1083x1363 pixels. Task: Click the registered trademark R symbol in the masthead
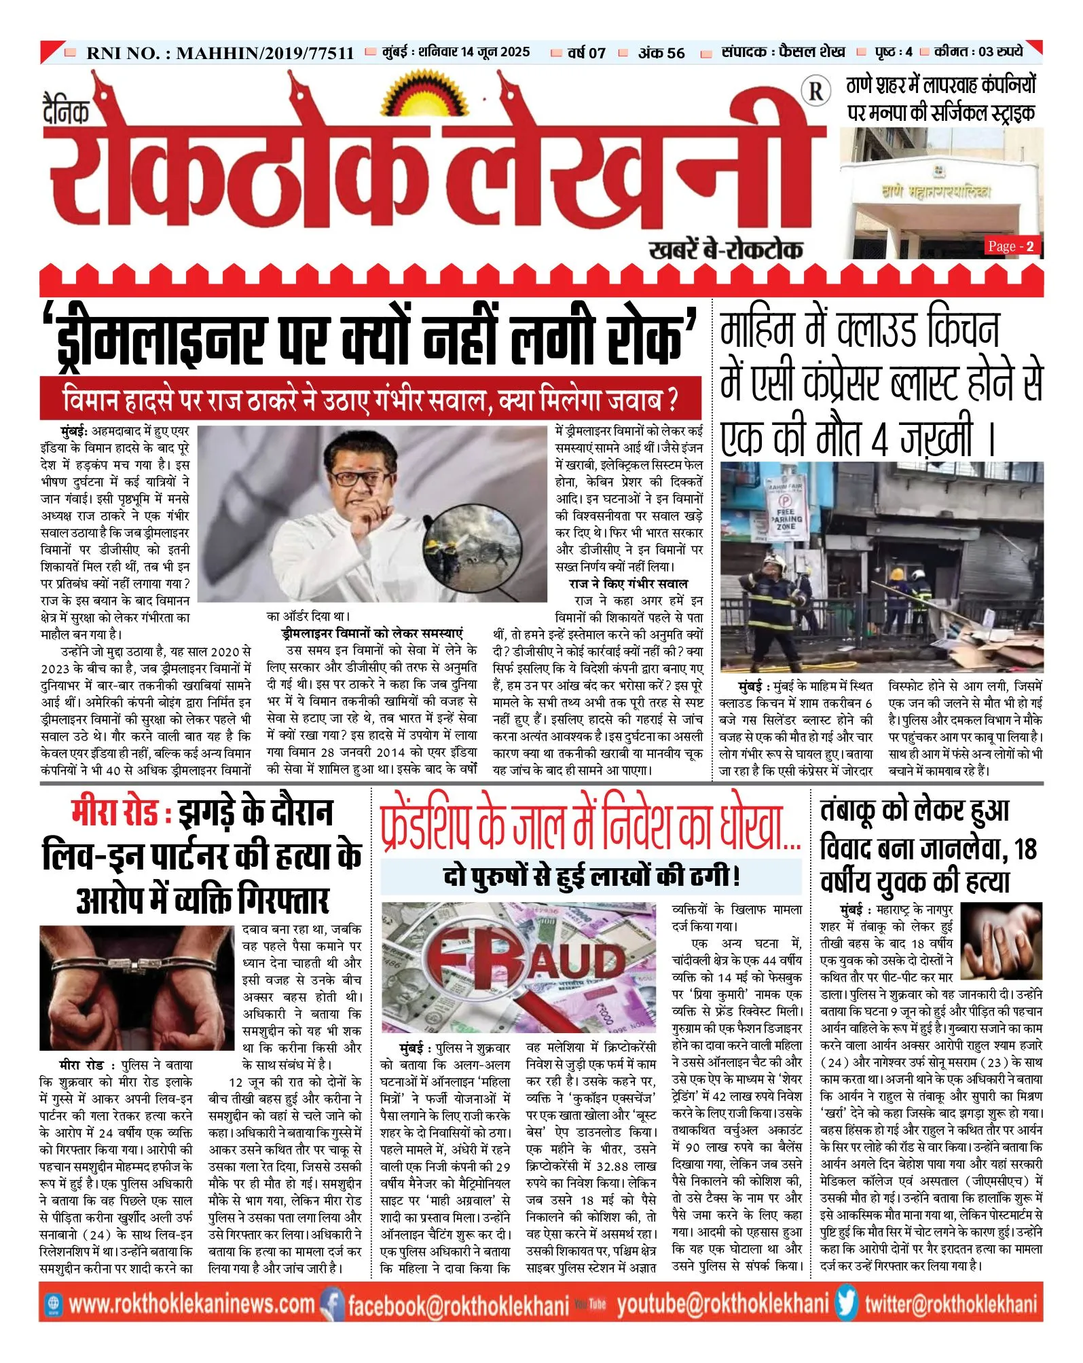click(815, 91)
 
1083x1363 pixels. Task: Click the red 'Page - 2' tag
click(1011, 246)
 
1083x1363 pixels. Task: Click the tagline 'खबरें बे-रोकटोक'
click(725, 249)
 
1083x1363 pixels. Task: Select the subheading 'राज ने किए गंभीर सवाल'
click(628, 584)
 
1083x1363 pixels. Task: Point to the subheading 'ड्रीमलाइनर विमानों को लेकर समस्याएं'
click(371, 633)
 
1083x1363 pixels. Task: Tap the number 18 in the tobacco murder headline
click(1026, 848)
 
